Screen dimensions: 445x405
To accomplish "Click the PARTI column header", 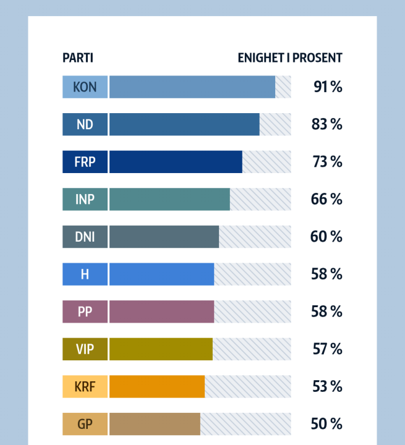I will (x=78, y=58).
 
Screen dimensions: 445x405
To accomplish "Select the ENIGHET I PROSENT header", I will (x=289, y=58).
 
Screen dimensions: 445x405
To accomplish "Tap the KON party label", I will (x=85, y=87).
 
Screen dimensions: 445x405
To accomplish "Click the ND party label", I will (x=85, y=124).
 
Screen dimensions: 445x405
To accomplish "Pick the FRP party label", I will (x=85, y=162).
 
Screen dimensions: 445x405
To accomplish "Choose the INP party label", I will (x=85, y=199).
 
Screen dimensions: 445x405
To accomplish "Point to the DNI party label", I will (x=85, y=237).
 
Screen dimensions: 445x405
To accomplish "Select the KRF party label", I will (x=85, y=386).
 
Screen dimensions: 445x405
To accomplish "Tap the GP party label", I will (x=85, y=424).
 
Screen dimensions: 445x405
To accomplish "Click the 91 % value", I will (x=327, y=87).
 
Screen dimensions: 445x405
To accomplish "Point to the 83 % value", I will (x=326, y=124).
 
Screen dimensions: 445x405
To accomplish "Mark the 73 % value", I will (x=326, y=162).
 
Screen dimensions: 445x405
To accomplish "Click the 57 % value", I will (x=327, y=349).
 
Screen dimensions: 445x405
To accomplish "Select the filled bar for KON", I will (x=192, y=87).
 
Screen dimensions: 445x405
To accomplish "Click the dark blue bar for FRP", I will (x=176, y=162).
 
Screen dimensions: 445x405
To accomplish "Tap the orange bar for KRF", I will (x=157, y=386).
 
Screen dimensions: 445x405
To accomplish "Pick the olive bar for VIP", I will (x=161, y=349).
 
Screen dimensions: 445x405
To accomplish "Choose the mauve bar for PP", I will (x=161, y=311).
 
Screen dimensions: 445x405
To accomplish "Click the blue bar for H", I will (x=161, y=274).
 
